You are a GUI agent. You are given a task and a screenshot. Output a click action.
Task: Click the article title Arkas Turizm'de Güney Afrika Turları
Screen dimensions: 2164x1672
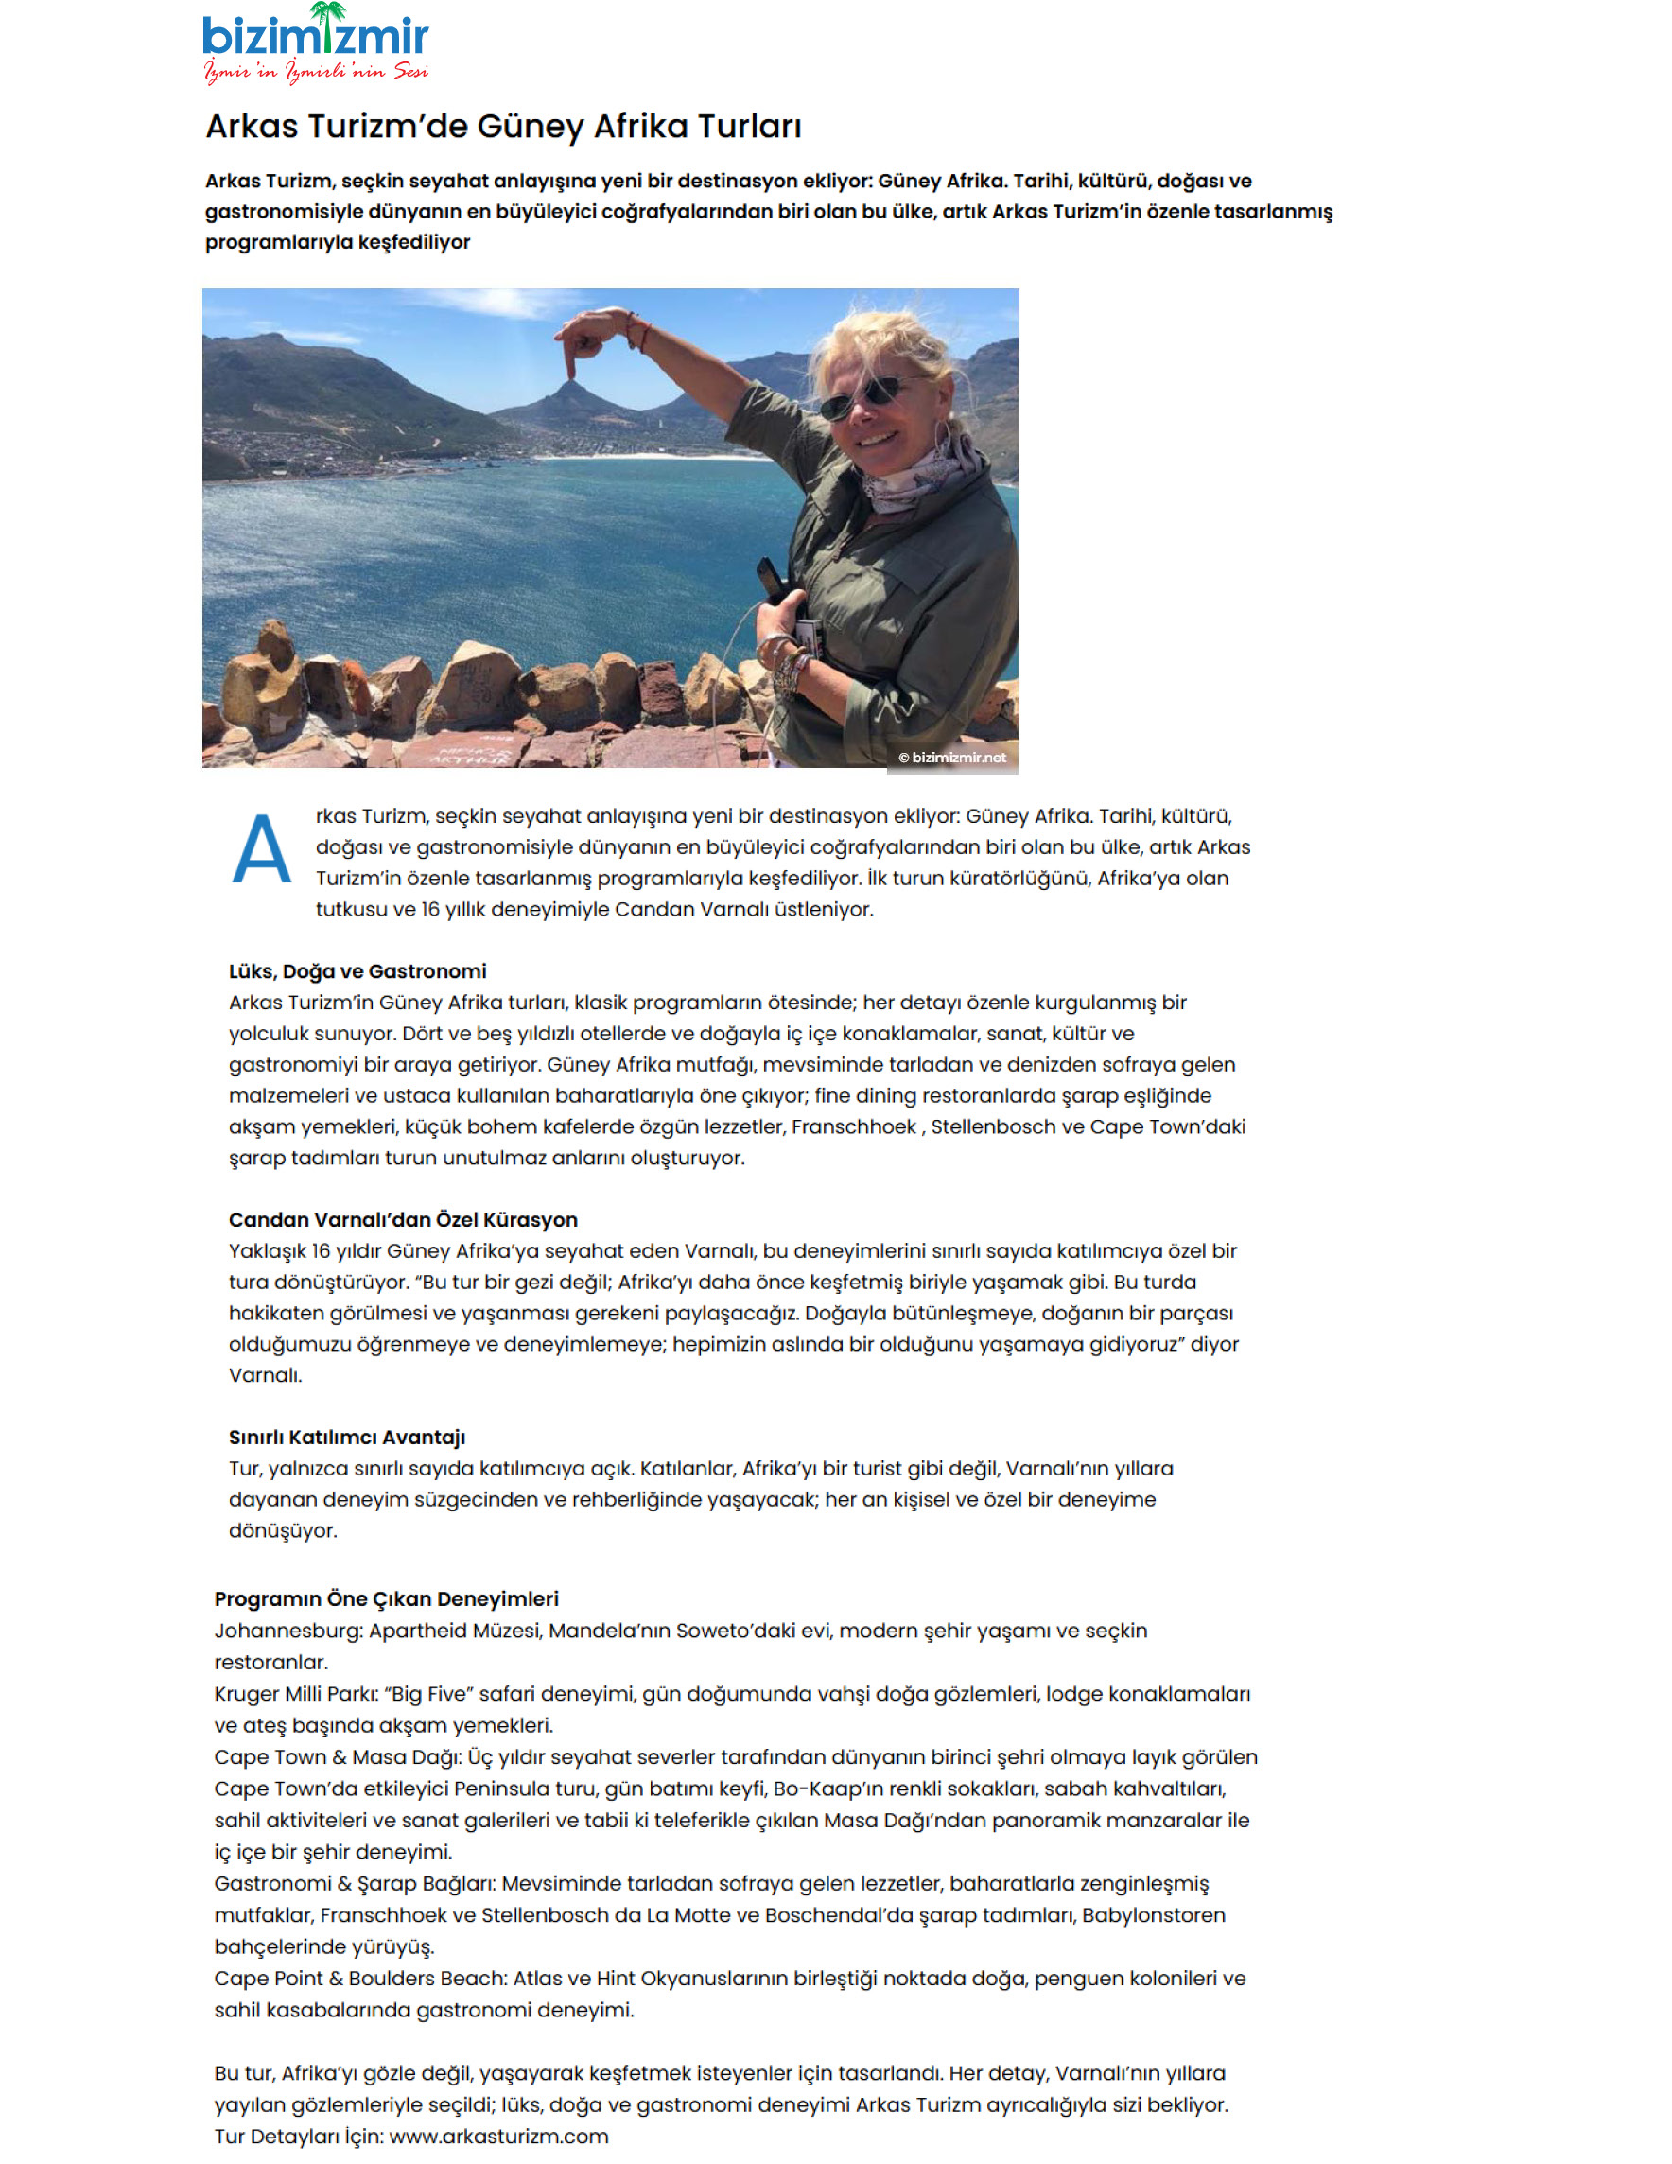tap(503, 126)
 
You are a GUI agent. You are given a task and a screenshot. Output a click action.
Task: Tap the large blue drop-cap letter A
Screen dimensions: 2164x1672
tap(262, 849)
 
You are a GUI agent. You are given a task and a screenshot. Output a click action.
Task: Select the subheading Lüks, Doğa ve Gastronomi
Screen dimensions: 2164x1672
tap(357, 971)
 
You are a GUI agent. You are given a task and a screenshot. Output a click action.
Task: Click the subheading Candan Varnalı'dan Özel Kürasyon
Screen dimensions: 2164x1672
tap(403, 1220)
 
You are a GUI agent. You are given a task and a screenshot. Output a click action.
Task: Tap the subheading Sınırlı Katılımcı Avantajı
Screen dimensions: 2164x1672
tap(347, 1437)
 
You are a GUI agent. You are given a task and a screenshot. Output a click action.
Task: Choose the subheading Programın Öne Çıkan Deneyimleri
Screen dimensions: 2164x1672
tap(386, 1598)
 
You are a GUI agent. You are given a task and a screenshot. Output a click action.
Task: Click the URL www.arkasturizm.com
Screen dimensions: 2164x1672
tap(498, 2136)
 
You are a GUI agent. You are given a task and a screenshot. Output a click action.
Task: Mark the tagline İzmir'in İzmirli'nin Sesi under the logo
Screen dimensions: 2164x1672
tap(315, 71)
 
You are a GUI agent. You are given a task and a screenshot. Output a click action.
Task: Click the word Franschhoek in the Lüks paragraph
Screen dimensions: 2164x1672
tap(853, 1126)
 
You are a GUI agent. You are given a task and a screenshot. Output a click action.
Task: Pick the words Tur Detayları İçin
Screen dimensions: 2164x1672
tap(297, 2136)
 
